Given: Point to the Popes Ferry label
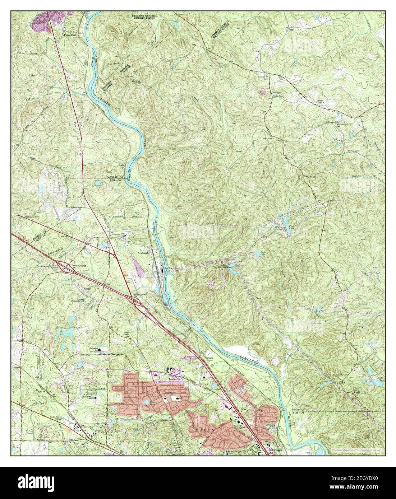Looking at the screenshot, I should pyautogui.click(x=70, y=36).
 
